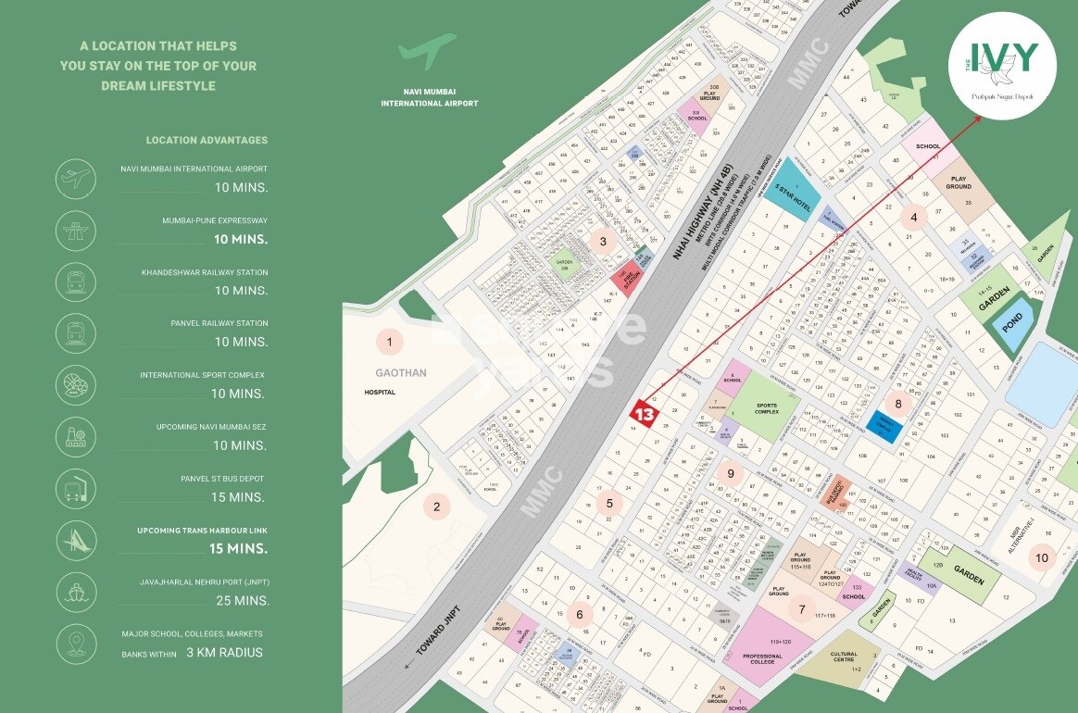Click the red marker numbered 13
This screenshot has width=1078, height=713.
(645, 413)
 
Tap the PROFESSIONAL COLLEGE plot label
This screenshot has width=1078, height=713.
(762, 659)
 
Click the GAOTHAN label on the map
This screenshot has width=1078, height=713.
(389, 372)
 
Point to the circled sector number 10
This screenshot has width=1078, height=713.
(1042, 557)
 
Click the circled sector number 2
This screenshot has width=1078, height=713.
(436, 507)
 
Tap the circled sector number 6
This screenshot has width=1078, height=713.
(580, 613)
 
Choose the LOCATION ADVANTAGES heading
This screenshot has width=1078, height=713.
(207, 141)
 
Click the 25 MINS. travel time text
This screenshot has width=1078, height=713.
(241, 601)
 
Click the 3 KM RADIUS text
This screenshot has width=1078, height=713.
(225, 653)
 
